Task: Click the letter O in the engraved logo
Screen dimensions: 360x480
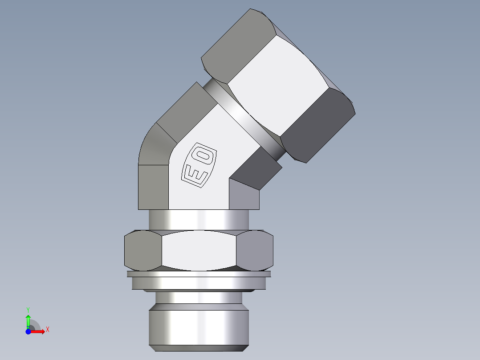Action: [204, 155]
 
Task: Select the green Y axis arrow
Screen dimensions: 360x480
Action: [28, 320]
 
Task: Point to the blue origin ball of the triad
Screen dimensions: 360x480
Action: [28, 331]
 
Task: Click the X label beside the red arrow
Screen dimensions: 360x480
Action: [47, 330]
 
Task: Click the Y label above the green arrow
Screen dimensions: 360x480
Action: [28, 309]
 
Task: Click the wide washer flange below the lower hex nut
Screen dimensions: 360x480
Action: [199, 282]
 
